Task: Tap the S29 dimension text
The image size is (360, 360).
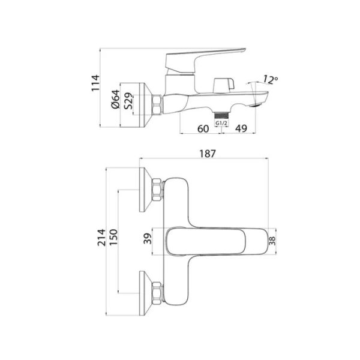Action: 128,103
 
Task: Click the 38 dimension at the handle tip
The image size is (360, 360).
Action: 274,241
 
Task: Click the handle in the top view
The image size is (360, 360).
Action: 216,241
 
